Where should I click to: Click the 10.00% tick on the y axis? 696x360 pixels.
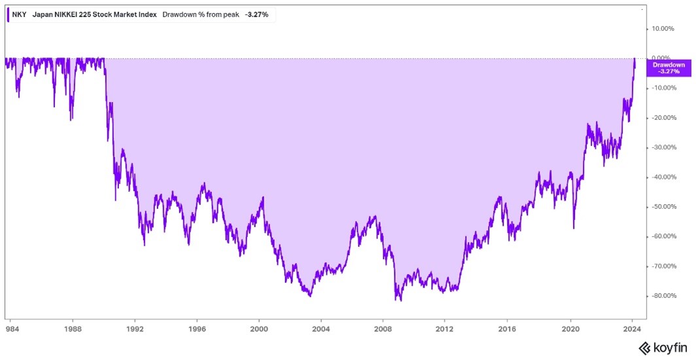(x=663, y=29)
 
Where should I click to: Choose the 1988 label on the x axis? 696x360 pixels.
(x=73, y=331)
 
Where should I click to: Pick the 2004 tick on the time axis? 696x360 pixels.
(x=321, y=331)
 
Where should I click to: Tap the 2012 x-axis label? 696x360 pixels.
(x=445, y=331)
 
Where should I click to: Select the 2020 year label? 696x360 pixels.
(x=571, y=331)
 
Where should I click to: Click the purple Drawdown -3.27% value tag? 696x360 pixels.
(x=669, y=68)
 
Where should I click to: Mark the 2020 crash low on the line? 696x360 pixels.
(x=574, y=228)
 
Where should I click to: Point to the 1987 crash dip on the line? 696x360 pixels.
(x=71, y=120)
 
